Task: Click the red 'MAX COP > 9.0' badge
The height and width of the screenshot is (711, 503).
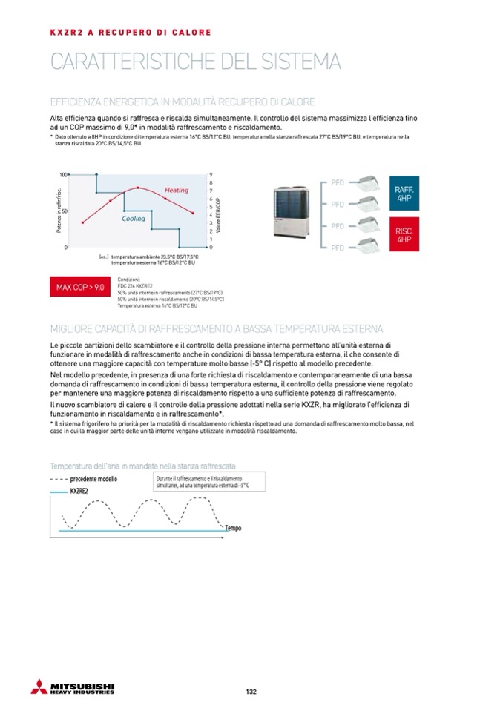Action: [x=79, y=287]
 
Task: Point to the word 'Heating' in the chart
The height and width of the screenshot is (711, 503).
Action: [x=177, y=191]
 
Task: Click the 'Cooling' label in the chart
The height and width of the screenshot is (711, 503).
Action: [x=134, y=219]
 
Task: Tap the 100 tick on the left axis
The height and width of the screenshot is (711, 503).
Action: [x=63, y=175]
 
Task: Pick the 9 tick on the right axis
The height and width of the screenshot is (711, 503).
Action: [x=211, y=175]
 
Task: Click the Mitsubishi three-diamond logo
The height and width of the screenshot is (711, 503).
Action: [x=39, y=687]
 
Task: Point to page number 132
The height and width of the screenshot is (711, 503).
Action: [x=251, y=692]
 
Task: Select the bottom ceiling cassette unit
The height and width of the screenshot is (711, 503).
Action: [x=364, y=246]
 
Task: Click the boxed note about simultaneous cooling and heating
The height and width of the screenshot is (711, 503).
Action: [x=203, y=483]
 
